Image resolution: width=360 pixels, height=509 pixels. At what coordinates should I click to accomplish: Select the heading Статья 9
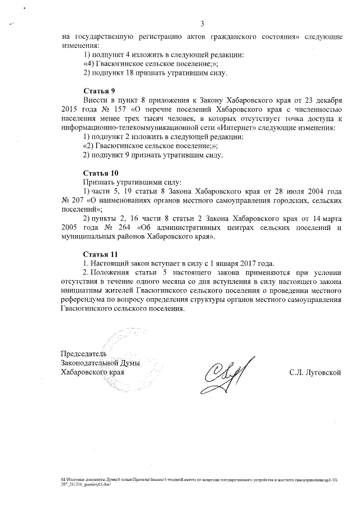point(100,91)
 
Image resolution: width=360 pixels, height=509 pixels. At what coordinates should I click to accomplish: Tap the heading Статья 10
point(101,173)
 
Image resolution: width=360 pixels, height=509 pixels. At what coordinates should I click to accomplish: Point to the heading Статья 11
point(101,255)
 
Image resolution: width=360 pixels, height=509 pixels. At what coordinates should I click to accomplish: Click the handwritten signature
point(223,374)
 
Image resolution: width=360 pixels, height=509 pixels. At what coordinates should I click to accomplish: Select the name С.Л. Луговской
point(316,372)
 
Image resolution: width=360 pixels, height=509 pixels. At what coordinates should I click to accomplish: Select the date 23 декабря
point(319,100)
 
